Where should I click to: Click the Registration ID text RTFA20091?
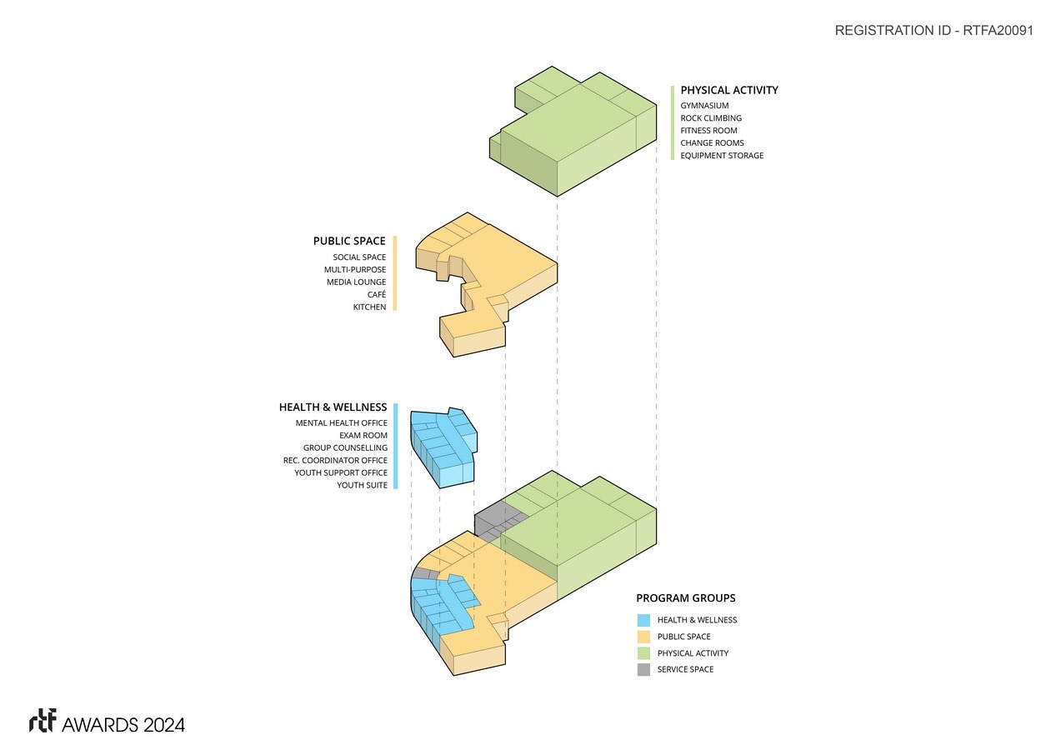tap(933, 31)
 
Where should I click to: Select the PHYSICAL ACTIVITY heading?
tap(729, 90)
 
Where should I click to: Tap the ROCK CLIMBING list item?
tap(710, 118)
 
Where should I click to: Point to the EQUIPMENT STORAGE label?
tap(722, 156)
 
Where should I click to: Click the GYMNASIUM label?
tap(704, 106)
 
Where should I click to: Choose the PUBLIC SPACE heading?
tap(349, 241)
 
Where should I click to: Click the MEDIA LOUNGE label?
tap(356, 282)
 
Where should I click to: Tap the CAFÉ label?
tap(376, 295)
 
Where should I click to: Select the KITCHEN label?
tap(369, 307)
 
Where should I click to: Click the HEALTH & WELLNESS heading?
tap(333, 407)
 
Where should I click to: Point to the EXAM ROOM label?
tap(363, 436)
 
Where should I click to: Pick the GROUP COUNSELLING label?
tap(345, 448)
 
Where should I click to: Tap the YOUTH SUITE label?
tap(362, 485)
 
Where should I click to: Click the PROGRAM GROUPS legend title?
tap(685, 598)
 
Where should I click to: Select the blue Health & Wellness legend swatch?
tap(643, 620)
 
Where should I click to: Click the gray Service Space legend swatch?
tap(643, 669)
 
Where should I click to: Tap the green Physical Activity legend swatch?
tap(643, 653)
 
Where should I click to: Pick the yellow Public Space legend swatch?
tap(643, 637)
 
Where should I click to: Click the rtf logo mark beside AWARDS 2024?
tap(43, 722)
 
